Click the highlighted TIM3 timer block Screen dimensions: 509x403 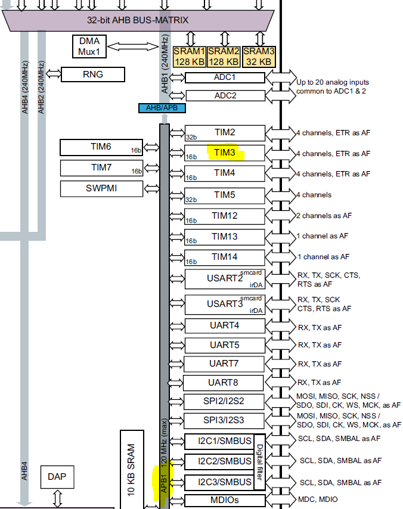(224, 153)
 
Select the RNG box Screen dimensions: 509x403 (93, 75)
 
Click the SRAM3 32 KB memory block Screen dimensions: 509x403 (259, 57)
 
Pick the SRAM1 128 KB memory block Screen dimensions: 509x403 (190, 57)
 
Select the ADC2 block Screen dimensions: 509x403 (225, 95)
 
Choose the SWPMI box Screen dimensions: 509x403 (102, 188)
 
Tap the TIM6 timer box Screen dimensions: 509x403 (102, 147)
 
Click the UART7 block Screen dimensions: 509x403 (224, 364)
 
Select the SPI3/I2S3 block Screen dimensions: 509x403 (224, 420)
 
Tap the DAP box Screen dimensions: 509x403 (57, 477)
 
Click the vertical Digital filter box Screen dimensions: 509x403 (259, 463)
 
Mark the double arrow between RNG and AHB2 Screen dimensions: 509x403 (53, 75)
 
